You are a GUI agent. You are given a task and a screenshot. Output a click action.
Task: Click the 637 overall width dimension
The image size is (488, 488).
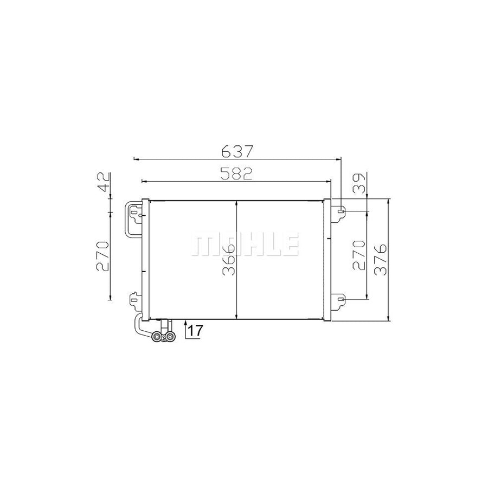pos(237,150)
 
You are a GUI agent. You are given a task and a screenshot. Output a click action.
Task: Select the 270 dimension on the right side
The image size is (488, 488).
pos(358,255)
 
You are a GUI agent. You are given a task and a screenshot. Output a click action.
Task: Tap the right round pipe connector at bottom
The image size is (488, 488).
pos(171,337)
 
